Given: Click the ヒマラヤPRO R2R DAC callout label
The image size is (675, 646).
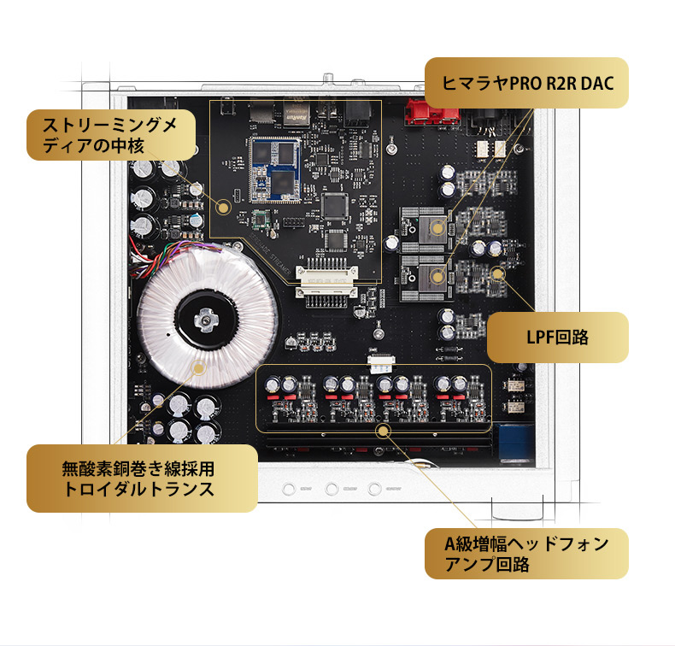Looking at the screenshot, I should click(x=526, y=83).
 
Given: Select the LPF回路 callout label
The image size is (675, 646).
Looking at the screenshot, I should click(x=558, y=337).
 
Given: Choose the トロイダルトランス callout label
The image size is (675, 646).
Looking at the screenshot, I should click(x=141, y=479).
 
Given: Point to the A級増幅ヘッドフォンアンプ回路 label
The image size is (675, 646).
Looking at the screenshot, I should click(x=525, y=554).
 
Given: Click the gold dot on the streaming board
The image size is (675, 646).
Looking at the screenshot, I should click(x=226, y=206).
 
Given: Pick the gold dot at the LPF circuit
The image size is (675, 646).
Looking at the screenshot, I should click(x=497, y=273).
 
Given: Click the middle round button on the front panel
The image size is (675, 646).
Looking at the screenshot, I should click(x=332, y=490).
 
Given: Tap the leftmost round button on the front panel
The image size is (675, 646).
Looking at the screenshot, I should click(x=289, y=490).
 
